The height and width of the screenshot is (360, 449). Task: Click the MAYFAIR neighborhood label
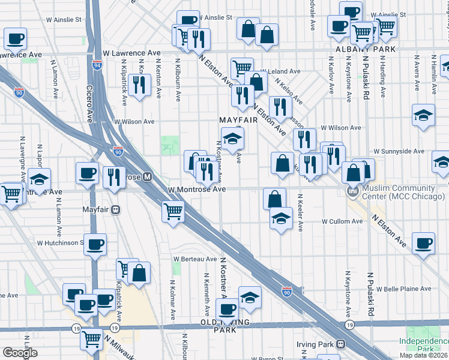tap(238, 120)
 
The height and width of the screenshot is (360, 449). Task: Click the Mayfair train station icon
tap(116, 210)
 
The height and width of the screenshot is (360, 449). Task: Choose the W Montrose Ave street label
tap(197, 189)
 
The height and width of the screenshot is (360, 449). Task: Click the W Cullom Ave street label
tap(342, 221)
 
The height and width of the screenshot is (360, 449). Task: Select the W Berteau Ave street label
tap(195, 259)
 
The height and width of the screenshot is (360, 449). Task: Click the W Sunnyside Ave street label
tap(399, 151)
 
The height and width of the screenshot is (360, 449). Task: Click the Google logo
tap(20, 353)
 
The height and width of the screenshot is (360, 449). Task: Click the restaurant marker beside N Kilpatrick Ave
tap(139, 84)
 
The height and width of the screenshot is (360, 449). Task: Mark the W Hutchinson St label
tap(60, 243)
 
